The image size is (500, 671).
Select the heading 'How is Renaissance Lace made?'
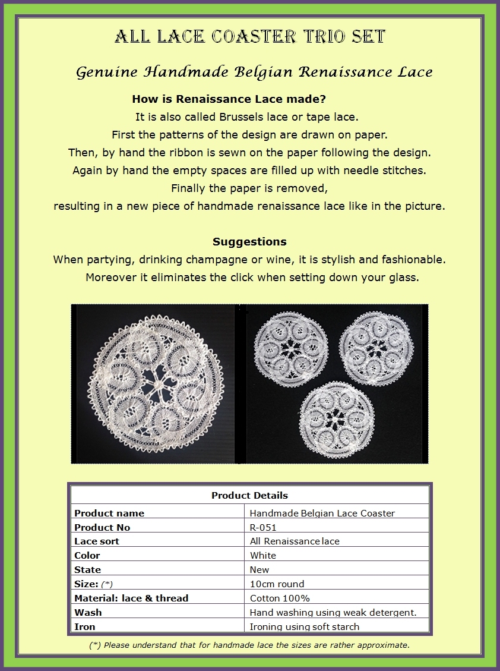(229, 99)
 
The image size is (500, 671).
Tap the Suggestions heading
(249, 242)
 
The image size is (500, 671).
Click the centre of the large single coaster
(157, 385)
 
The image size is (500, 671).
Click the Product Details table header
(249, 495)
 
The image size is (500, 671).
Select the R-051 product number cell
(263, 527)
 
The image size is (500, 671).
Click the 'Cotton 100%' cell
(280, 598)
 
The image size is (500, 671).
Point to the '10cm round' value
(277, 584)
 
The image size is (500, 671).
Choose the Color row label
(87, 556)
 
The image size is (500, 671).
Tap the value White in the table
(263, 556)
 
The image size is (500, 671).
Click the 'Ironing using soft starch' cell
(305, 626)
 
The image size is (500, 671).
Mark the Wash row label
(88, 612)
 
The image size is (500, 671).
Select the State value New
(260, 569)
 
